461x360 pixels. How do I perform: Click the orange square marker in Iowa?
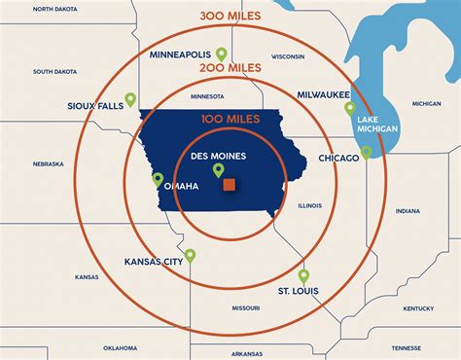(x=230, y=184)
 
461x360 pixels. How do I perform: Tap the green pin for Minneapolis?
(x=222, y=54)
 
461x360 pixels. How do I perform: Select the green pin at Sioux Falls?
(x=130, y=103)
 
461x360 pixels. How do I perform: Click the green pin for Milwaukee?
(x=350, y=109)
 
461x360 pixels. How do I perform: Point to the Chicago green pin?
(x=367, y=153)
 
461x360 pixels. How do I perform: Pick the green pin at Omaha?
(x=158, y=179)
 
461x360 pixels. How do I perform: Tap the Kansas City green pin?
(x=190, y=256)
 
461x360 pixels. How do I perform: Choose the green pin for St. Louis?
(x=303, y=276)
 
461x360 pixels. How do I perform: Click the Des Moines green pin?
(x=219, y=171)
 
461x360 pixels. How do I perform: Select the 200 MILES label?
(x=231, y=67)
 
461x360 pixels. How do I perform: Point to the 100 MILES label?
(x=231, y=119)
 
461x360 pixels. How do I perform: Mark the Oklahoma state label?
(x=121, y=347)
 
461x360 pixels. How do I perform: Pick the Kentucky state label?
(x=418, y=308)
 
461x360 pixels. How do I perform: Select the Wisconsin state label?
(x=288, y=56)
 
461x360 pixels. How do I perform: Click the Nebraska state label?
(x=49, y=163)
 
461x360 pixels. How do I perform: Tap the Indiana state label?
(x=408, y=211)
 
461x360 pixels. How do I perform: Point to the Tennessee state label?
(x=407, y=347)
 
